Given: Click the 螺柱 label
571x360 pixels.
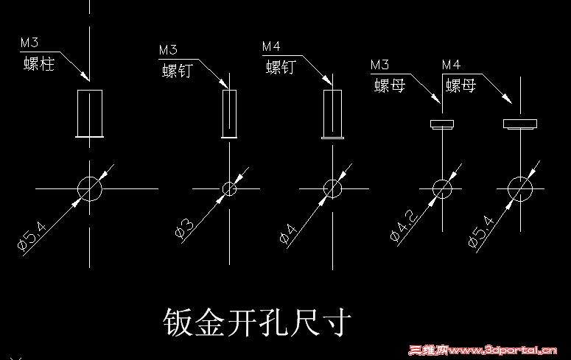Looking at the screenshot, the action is (39, 64).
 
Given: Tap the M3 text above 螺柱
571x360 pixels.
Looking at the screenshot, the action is (29, 43).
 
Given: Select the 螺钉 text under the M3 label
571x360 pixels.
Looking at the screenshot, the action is (178, 71).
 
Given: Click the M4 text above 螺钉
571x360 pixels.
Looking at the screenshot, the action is (271, 46).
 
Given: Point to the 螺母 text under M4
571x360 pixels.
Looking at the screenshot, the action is (460, 86).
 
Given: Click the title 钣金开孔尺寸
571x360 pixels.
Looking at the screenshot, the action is (257, 322).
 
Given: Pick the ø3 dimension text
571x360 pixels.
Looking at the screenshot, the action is (184, 228).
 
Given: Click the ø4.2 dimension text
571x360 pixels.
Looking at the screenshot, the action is (404, 225).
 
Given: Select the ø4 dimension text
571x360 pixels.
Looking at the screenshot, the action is (288, 233).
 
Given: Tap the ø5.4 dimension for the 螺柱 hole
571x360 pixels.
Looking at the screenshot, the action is (32, 236).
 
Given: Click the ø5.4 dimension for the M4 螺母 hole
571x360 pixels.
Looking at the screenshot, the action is (481, 232).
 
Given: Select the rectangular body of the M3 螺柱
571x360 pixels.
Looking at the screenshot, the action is (77, 113).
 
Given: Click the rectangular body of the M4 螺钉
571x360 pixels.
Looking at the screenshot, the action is (323, 114).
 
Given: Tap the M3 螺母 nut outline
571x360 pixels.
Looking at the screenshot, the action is (442, 121).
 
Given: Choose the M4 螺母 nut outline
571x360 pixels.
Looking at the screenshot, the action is (520, 120).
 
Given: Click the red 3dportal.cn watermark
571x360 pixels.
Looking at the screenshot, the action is (483, 350).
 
